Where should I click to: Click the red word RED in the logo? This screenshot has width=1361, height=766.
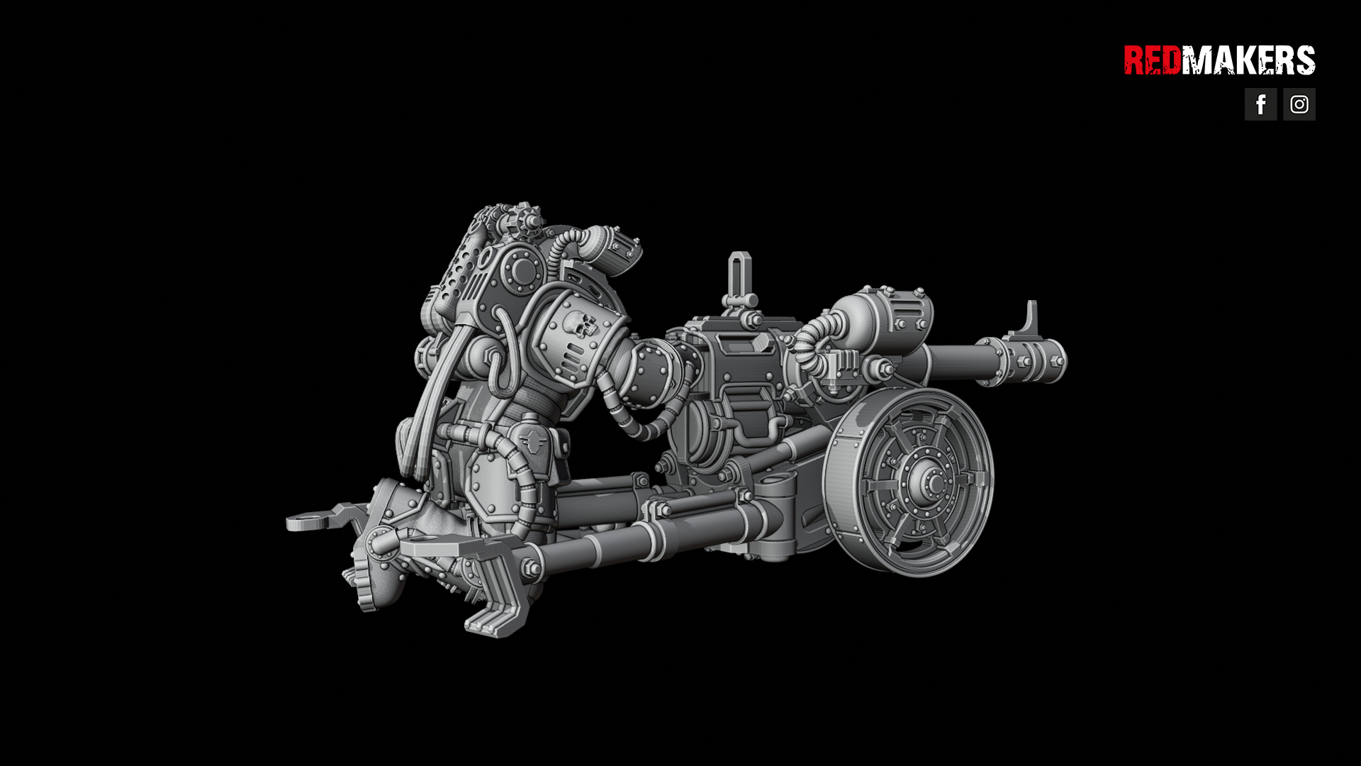coord(1153,60)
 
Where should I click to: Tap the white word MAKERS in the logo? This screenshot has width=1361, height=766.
coord(1248,60)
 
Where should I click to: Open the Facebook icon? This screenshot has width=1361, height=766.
coord(1261,104)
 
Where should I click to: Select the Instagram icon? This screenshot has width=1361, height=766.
coord(1299,104)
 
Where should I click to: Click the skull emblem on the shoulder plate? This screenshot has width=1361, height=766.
coord(581,326)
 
